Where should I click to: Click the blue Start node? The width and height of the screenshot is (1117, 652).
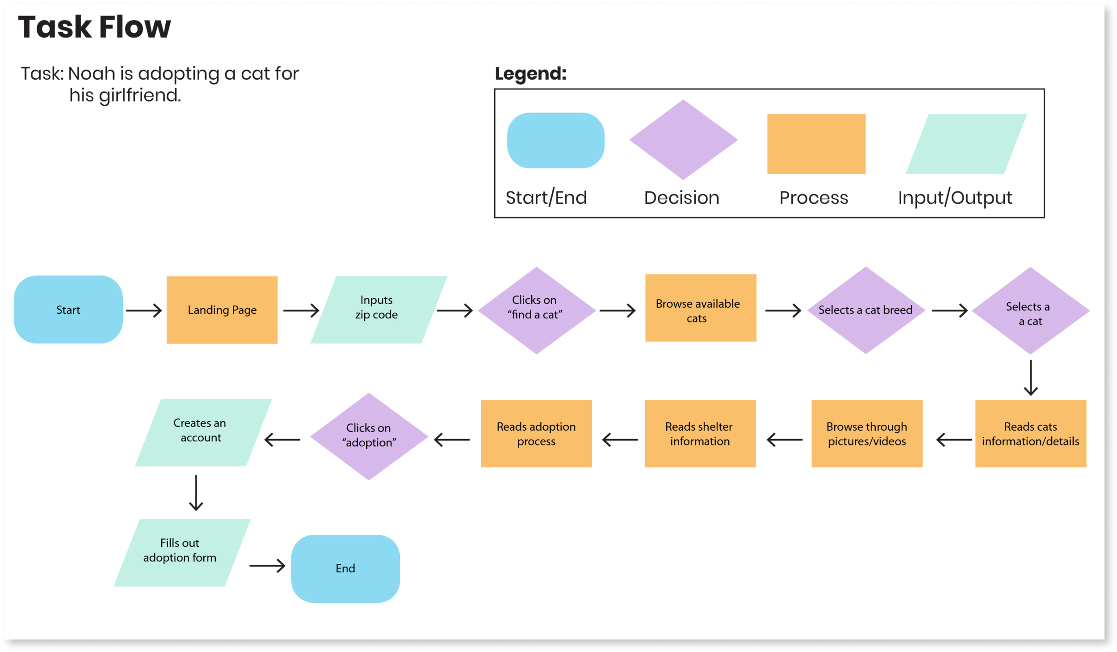click(68, 309)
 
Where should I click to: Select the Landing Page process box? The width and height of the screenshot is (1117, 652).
click(222, 310)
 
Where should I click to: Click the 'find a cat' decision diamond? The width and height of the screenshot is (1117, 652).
click(536, 310)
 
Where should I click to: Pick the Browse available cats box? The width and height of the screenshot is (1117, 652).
click(700, 308)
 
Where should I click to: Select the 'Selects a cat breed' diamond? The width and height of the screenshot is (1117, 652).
click(865, 310)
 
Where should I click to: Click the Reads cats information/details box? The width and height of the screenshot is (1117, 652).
click(1030, 434)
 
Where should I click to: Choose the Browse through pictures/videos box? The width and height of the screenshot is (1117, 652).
click(867, 434)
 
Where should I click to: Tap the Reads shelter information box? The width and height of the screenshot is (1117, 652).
click(700, 434)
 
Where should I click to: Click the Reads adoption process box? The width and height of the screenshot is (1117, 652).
click(536, 434)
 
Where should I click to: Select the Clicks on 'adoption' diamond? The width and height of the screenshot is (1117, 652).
click(369, 436)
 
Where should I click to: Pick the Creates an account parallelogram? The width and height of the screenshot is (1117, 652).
click(203, 432)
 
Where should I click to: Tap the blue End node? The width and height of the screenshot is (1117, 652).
click(345, 568)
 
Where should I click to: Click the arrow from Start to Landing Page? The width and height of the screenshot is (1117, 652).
click(143, 310)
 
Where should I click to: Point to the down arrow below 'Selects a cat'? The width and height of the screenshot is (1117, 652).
click(1030, 377)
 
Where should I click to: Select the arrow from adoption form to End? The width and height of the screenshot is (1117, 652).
click(267, 566)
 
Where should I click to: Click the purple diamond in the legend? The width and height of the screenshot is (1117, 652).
click(683, 140)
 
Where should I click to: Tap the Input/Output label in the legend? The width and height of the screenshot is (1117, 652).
click(955, 198)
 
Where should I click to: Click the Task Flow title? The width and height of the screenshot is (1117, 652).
click(94, 27)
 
